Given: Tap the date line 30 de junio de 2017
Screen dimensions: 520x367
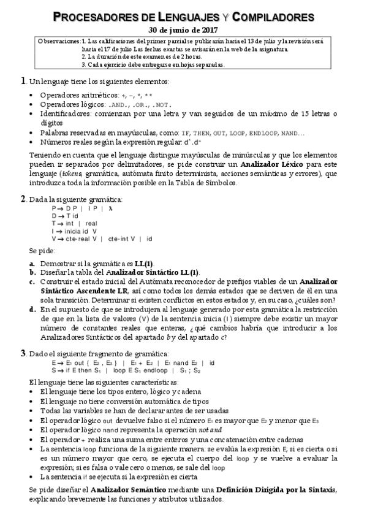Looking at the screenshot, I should [183, 29].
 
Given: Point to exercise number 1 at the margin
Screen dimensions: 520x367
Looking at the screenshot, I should [23, 81].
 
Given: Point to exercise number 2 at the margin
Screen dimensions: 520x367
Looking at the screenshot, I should [23, 199].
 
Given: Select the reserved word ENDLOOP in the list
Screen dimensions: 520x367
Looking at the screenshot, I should [265, 132].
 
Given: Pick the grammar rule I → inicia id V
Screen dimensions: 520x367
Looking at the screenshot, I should [74, 231].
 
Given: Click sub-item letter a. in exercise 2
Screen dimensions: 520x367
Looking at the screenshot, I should [32, 262].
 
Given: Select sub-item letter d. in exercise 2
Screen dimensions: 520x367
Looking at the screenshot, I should [32, 310].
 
